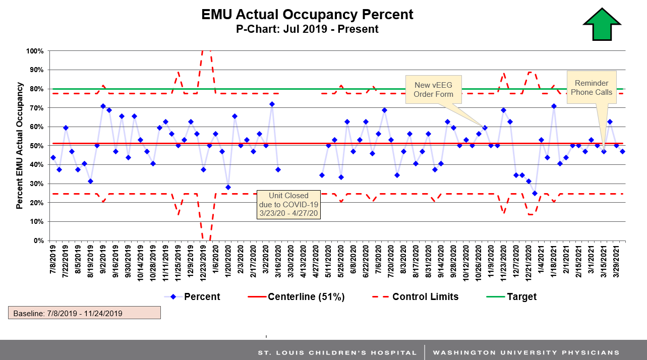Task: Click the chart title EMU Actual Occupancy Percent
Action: coord(307,14)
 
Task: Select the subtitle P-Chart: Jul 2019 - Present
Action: coord(307,29)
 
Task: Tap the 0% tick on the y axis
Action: coord(38,241)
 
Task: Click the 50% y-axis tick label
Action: coord(36,146)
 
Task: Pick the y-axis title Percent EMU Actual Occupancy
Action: coord(19,146)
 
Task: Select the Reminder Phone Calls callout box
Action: coord(592,88)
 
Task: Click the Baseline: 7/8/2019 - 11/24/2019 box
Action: coord(84,313)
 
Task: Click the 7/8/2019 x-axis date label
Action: coord(53,260)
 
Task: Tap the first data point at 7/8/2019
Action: coord(53,158)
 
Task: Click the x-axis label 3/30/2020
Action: coord(290,260)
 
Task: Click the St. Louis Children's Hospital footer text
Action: coord(337,352)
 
